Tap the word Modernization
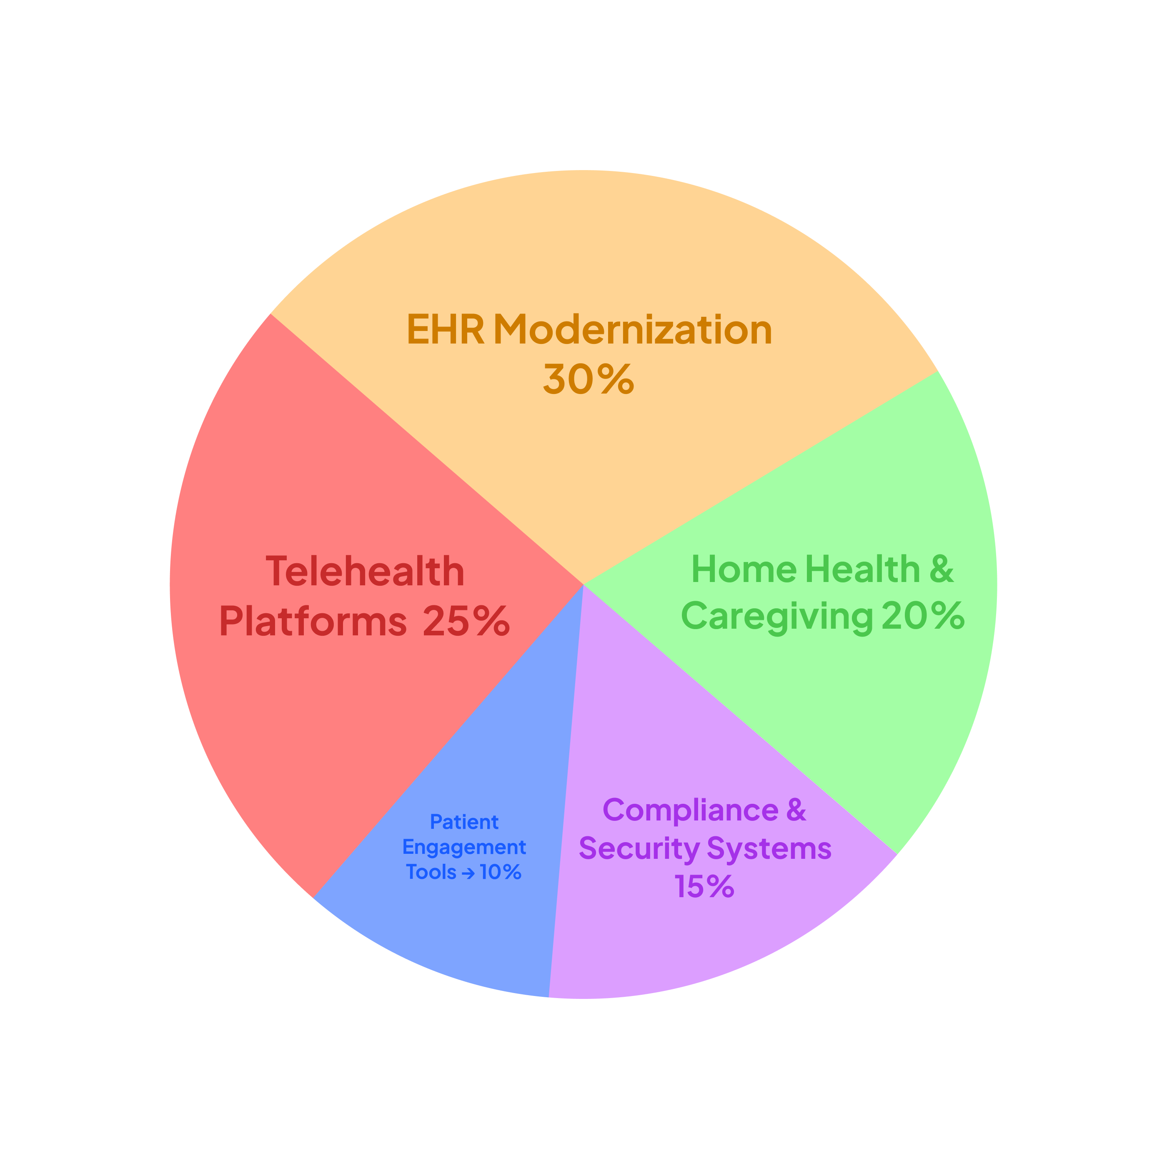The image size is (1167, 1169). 632,330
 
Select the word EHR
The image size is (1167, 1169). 445,330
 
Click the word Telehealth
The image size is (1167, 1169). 365,571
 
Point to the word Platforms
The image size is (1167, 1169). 313,622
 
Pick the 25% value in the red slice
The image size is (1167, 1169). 466,622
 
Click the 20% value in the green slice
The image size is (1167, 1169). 923,616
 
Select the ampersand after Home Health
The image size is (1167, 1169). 942,569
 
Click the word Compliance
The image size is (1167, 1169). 690,810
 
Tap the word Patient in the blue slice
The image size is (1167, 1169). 464,822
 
